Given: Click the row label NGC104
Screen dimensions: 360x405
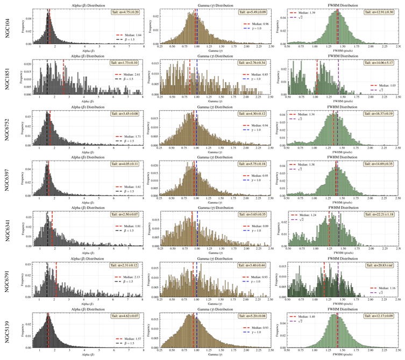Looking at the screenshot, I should [7, 26].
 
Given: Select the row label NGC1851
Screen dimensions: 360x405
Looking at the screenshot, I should [7, 76].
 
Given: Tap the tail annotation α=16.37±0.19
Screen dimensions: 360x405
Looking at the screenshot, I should [380, 114].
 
